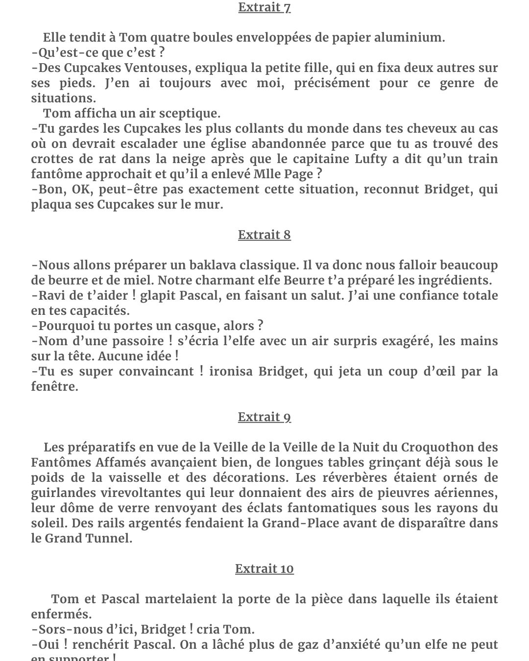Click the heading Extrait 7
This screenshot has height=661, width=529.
click(264, 8)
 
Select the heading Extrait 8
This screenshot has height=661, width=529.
click(264, 235)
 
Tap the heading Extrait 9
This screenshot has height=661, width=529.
click(264, 417)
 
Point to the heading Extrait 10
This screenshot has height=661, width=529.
click(264, 569)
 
